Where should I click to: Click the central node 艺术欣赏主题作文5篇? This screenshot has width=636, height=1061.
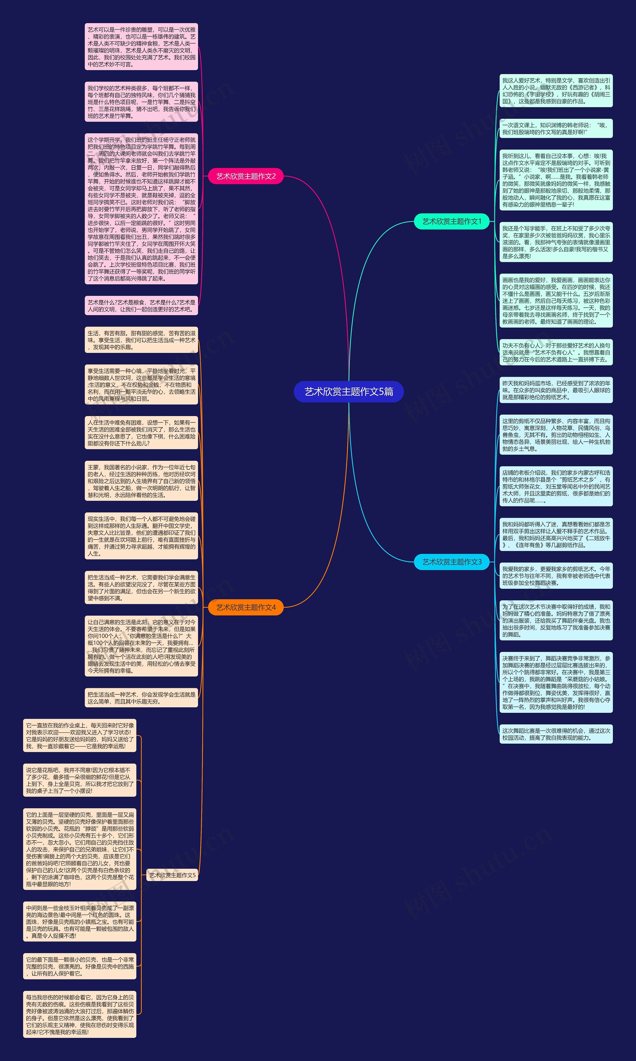point(348,391)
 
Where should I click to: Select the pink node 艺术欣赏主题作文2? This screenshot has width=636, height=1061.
point(245,176)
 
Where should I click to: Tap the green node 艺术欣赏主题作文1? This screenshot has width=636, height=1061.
point(451,221)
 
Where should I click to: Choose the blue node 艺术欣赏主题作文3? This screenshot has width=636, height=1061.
point(451,562)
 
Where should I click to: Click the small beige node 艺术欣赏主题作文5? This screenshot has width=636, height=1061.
point(172,875)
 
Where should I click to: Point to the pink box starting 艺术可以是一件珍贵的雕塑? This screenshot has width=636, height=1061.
point(141,47)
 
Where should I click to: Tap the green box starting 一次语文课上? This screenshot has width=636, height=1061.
point(556,128)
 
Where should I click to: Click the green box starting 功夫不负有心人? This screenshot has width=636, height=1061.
point(556,352)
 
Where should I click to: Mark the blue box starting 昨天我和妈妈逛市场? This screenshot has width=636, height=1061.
point(556,390)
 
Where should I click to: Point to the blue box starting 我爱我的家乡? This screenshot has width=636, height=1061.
point(556,576)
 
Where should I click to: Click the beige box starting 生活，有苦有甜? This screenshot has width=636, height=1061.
point(141,340)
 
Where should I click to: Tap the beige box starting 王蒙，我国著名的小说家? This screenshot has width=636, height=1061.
point(141,481)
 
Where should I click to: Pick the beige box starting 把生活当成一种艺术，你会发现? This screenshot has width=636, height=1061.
point(141,698)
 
